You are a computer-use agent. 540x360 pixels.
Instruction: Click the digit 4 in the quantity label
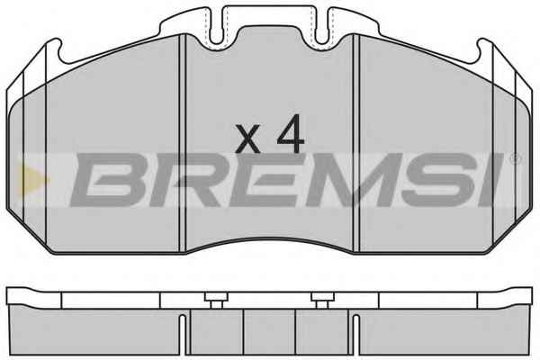[x=291, y=133]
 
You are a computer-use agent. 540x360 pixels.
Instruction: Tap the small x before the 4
[x=247, y=139]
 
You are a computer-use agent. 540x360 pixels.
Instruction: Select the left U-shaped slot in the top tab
[x=217, y=28]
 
